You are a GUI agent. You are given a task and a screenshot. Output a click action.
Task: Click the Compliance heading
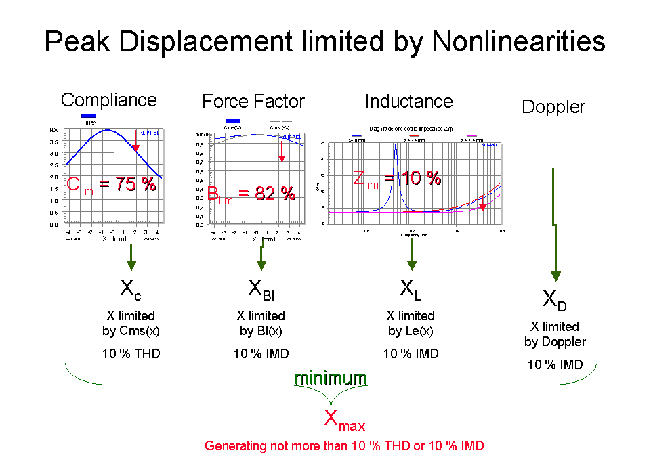pyautogui.click(x=110, y=101)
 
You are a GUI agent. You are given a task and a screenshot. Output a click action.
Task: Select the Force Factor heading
pyautogui.click(x=254, y=102)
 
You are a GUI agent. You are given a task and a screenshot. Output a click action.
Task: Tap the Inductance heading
pyautogui.click(x=409, y=102)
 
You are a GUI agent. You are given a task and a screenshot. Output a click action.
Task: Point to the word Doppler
pyautogui.click(x=554, y=108)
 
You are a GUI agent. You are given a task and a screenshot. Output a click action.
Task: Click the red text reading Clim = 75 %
pyautogui.click(x=112, y=184)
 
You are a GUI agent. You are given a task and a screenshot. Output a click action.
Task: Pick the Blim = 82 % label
pyautogui.click(x=251, y=194)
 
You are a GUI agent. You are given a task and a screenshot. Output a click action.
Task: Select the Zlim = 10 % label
pyautogui.click(x=397, y=179)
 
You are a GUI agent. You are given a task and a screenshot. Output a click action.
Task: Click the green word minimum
pyautogui.click(x=330, y=378)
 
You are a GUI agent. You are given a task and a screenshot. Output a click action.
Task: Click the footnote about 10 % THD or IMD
pyautogui.click(x=344, y=446)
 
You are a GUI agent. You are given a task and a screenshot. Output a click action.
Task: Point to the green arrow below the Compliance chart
pyautogui.click(x=131, y=257)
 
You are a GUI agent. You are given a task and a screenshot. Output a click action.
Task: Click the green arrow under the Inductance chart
pyautogui.click(x=411, y=256)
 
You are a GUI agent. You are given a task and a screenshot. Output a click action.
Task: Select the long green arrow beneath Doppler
pyautogui.click(x=555, y=223)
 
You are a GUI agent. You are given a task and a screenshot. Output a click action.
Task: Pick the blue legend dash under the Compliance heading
pyautogui.click(x=89, y=116)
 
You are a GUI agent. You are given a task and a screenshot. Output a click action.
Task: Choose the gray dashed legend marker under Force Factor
pyautogui.click(x=280, y=121)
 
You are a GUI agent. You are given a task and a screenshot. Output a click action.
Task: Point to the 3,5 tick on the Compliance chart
pyautogui.click(x=54, y=142)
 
